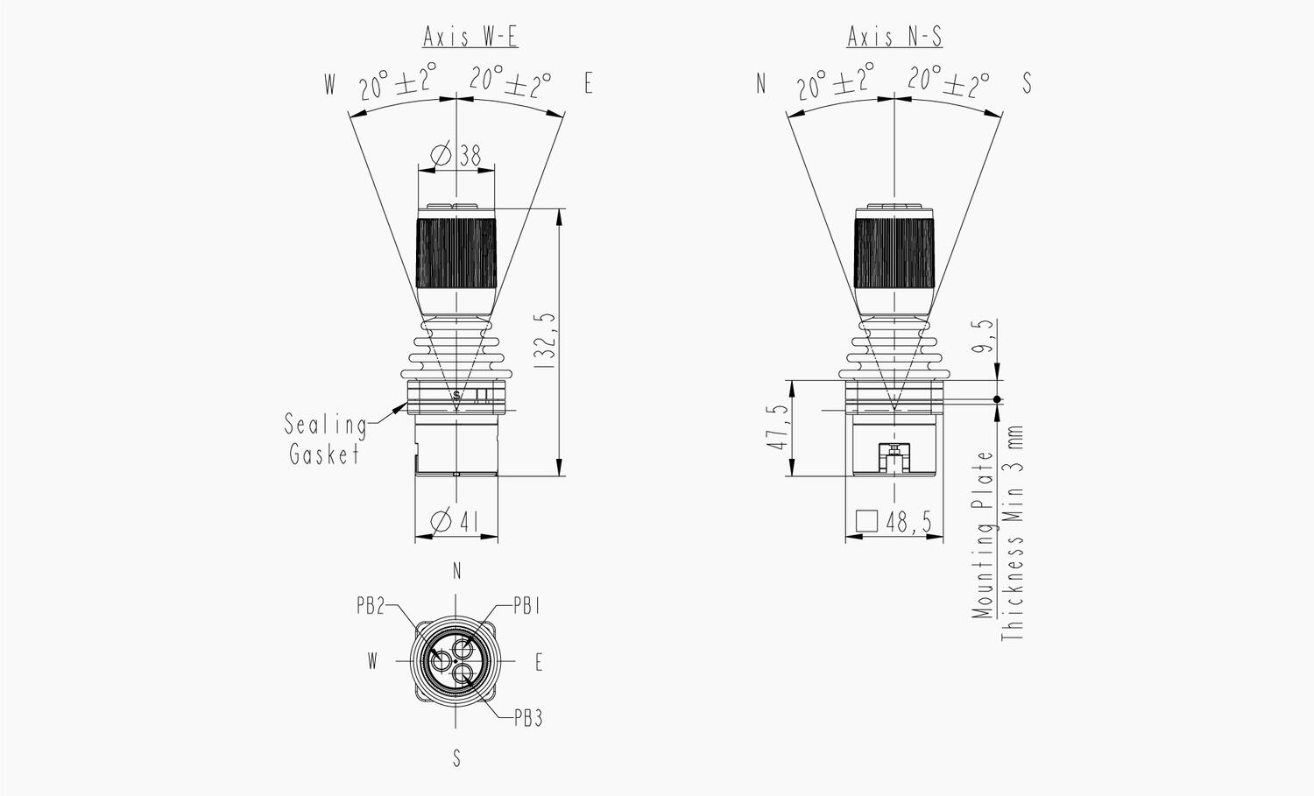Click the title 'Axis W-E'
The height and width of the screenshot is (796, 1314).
[470, 37]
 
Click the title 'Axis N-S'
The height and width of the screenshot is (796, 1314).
[894, 37]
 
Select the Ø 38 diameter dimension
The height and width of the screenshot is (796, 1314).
[456, 156]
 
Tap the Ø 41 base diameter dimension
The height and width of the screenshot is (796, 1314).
[455, 521]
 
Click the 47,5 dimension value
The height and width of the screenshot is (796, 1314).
[777, 427]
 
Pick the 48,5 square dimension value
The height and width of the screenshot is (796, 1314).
[908, 522]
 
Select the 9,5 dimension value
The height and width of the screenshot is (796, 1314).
[984, 336]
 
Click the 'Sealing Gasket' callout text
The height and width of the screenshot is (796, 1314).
[326, 439]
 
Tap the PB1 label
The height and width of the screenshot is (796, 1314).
[526, 606]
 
